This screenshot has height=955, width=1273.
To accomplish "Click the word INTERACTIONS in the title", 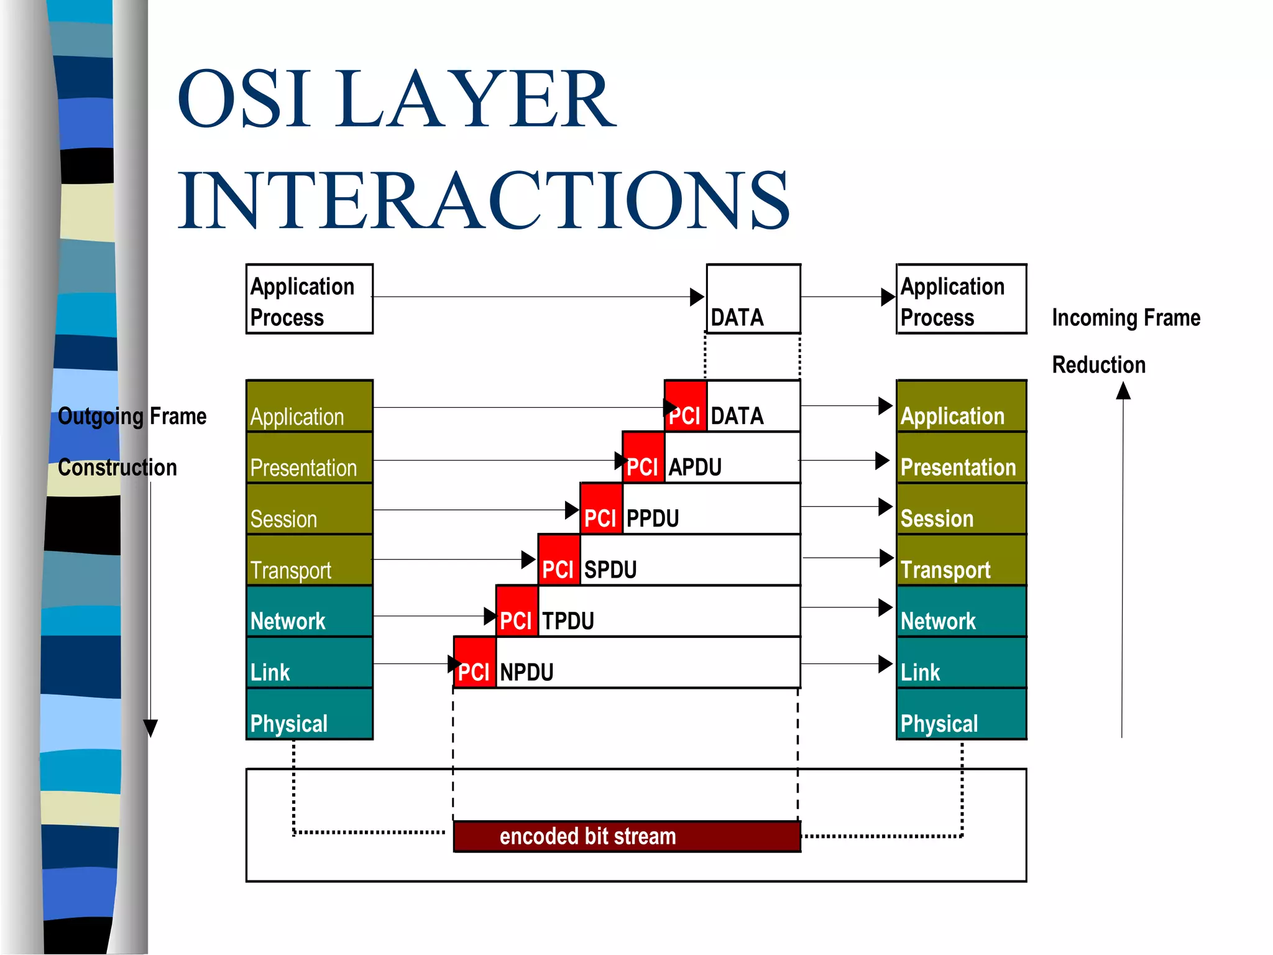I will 484,200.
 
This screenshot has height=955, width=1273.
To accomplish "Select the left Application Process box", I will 309,299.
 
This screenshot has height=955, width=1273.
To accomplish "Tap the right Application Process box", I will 960,299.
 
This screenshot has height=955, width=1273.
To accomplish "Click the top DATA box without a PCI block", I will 753,299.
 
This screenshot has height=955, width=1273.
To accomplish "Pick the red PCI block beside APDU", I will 643,458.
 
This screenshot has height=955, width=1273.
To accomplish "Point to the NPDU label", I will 526,672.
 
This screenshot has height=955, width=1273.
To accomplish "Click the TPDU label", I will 568,621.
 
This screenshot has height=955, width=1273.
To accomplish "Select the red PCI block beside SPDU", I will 558,560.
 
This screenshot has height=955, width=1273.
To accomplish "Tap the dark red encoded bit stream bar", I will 627,836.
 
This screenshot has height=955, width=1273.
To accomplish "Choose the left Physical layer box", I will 309,714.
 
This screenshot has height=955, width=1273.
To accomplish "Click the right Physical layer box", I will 960,714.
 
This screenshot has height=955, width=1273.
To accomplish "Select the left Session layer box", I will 309,509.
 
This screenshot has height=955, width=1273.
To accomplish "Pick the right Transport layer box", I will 960,560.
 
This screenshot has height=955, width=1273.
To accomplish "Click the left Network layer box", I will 309,611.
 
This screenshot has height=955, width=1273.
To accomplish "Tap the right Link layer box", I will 960,662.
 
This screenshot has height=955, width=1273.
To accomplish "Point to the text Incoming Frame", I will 1126,318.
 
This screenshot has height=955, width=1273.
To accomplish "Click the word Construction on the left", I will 117,468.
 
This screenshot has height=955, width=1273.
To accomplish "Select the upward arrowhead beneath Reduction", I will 1123,391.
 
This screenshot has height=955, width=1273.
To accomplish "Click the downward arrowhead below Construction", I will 150,727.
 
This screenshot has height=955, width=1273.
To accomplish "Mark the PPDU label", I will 653,518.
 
